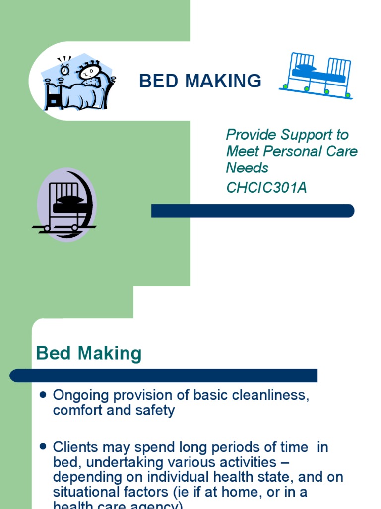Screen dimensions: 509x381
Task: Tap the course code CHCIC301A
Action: click(x=266, y=188)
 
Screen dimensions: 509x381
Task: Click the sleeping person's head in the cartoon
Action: click(x=89, y=72)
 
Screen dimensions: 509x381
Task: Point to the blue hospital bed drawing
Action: click(x=317, y=75)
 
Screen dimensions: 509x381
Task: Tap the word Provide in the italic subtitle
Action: click(x=251, y=135)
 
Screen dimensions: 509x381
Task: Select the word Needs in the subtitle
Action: click(x=247, y=168)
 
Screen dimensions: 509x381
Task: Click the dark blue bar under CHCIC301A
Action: click(x=253, y=211)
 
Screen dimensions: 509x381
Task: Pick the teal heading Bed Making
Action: click(x=89, y=354)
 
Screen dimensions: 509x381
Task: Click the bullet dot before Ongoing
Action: click(x=43, y=395)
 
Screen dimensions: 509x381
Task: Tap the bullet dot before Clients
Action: click(x=43, y=447)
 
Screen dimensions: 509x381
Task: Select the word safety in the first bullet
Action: click(x=157, y=411)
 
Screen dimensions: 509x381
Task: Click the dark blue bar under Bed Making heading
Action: click(x=164, y=375)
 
